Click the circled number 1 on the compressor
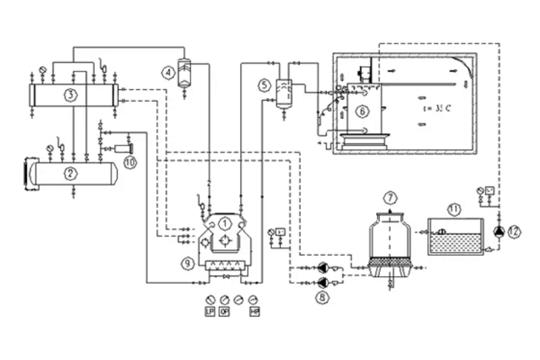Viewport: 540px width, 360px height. point(226,222)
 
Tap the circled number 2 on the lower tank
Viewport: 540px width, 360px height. point(69,173)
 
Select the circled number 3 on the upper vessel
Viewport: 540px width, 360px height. point(70,94)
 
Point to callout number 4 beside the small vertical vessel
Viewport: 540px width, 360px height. point(165,70)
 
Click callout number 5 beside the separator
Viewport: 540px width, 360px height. point(264,85)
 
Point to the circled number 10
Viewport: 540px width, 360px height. point(130,161)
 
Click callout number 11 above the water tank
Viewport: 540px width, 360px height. point(454,209)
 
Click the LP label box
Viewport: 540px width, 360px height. point(209,311)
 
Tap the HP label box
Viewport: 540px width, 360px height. point(254,311)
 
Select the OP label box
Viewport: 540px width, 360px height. point(224,311)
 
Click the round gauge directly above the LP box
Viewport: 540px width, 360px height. point(209,299)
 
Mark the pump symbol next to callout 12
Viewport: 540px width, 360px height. point(499,232)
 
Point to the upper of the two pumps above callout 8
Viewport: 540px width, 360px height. point(323,267)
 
